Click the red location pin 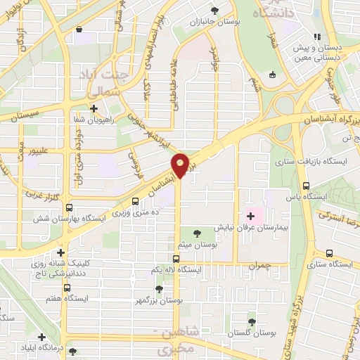click(180, 165)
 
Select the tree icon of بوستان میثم click(196, 231)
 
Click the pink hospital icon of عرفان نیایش click(250, 214)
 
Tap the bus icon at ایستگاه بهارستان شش click(68, 208)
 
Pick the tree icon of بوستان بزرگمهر click(160, 288)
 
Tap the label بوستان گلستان click(251, 333)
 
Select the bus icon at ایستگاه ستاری click(328, 254)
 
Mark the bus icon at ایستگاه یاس click(304, 186)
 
